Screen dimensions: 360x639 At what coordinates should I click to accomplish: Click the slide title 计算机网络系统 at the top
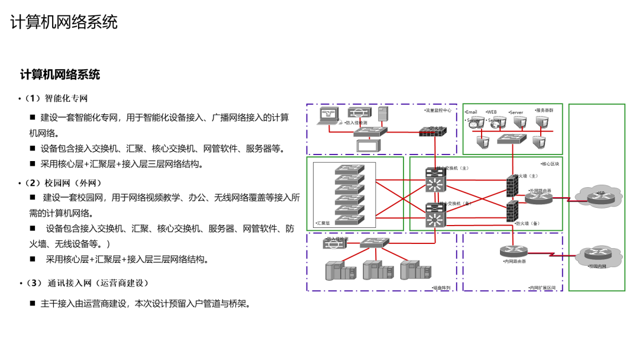pos(64,22)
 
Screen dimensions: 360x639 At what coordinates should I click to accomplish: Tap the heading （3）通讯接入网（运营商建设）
pos(86,283)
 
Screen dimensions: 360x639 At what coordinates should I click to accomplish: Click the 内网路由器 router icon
pos(512,251)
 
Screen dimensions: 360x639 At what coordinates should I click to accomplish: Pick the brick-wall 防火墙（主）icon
pos(512,185)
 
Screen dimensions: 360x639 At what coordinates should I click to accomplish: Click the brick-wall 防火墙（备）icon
pos(512,211)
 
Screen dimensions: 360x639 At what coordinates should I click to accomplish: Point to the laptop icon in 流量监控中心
pos(327,115)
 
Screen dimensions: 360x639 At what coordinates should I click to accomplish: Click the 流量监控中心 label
pos(438,110)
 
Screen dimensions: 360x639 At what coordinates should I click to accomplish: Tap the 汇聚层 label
pos(323,223)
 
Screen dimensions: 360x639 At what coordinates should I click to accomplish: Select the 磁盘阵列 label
pos(441,288)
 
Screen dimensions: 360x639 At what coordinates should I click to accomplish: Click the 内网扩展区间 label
pos(542,288)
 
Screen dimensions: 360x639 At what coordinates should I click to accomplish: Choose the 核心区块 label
pos(550,163)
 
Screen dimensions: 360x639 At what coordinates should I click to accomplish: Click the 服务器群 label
pos(544,110)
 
